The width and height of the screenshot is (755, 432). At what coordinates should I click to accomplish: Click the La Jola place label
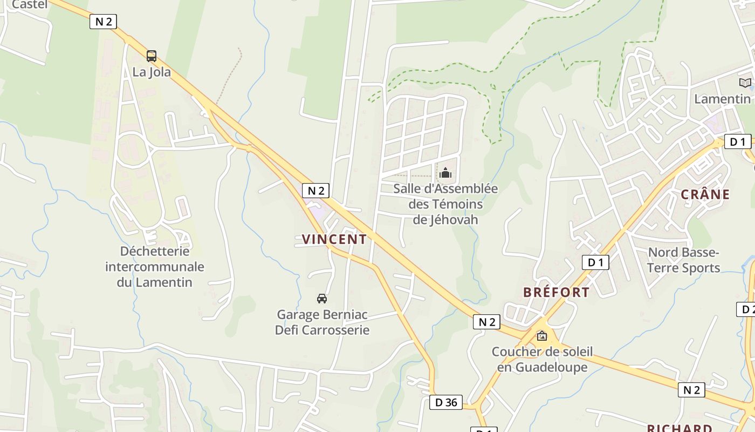(x=152, y=72)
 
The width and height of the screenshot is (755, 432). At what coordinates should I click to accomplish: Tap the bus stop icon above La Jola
(x=152, y=56)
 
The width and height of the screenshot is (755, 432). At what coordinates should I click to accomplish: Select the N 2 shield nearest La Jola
(x=103, y=22)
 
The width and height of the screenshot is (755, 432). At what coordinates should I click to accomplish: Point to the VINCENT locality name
(x=334, y=239)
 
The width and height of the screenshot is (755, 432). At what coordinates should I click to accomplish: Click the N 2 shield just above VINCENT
(x=315, y=190)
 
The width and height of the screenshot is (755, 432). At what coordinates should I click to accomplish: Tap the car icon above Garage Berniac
(x=322, y=298)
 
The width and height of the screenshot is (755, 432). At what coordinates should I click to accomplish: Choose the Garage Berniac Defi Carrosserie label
(x=322, y=322)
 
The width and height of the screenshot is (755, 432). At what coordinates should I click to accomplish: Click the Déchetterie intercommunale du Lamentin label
(x=155, y=266)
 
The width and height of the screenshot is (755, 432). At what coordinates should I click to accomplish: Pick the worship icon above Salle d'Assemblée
(x=445, y=173)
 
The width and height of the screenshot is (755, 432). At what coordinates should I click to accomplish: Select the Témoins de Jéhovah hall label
(x=445, y=204)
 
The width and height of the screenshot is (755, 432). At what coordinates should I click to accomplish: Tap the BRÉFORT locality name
(x=556, y=292)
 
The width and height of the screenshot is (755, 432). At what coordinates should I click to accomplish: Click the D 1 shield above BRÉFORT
(x=595, y=262)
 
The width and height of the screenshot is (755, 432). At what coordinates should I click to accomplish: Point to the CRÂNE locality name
(x=705, y=194)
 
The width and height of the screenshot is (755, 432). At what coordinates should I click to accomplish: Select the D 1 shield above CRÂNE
(x=737, y=142)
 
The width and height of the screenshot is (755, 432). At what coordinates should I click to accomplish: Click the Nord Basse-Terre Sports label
(x=684, y=260)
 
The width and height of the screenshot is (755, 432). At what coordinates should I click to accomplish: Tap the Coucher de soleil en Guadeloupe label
(x=542, y=360)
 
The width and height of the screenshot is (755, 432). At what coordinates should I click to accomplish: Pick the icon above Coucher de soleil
(x=542, y=336)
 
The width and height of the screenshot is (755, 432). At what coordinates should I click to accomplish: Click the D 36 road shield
(x=446, y=402)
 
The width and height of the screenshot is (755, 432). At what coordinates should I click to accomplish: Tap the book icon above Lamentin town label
(x=745, y=83)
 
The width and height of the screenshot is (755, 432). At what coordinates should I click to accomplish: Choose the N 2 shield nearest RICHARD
(x=691, y=390)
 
